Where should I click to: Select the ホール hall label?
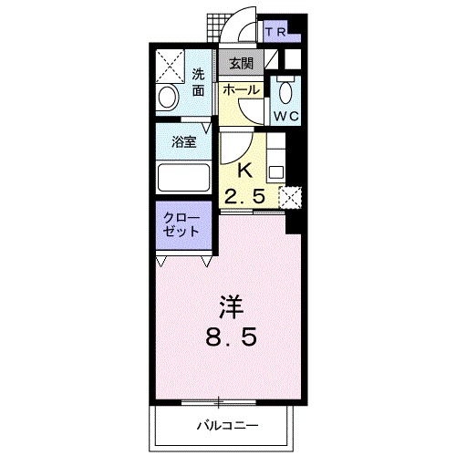point(241,89)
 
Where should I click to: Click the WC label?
point(285,116)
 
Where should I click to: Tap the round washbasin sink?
point(170,98)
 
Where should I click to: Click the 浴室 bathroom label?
point(184,141)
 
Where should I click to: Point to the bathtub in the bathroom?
point(183,174)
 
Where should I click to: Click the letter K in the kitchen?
point(244,170)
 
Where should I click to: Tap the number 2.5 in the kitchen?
point(245,194)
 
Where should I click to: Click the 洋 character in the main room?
point(228,305)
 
